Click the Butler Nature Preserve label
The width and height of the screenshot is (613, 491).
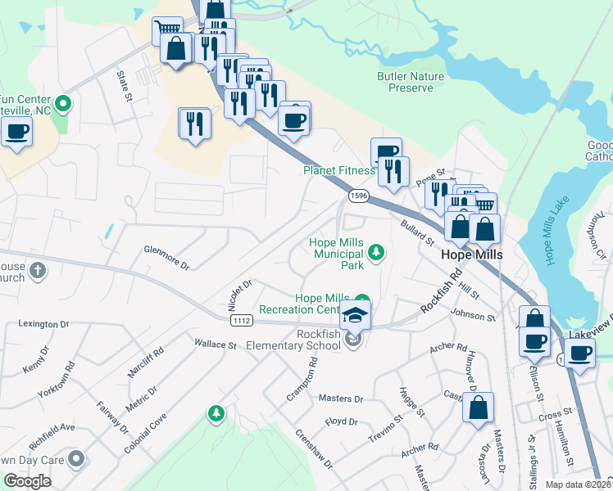pyautogui.click(x=410, y=82)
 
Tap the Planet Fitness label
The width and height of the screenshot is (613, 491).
pyautogui.click(x=338, y=171)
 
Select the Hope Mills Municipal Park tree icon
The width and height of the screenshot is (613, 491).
pyautogui.click(x=376, y=252)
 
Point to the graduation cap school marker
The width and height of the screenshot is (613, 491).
pyautogui.click(x=356, y=314)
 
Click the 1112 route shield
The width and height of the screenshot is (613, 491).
pyautogui.click(x=241, y=321)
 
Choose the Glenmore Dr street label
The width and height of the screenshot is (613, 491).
pyautogui.click(x=166, y=255)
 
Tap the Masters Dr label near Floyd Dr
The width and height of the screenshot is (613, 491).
pyautogui.click(x=340, y=399)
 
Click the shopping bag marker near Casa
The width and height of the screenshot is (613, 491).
pyautogui.click(x=478, y=408)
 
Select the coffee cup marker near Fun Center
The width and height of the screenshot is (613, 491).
pyautogui.click(x=16, y=132)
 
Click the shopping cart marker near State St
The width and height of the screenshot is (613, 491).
pyautogui.click(x=167, y=30)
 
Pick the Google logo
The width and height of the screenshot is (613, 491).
pyautogui.click(x=27, y=480)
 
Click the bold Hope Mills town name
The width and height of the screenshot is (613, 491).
pyautogui.click(x=471, y=255)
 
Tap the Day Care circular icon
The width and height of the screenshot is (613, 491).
pyautogui.click(x=76, y=458)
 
